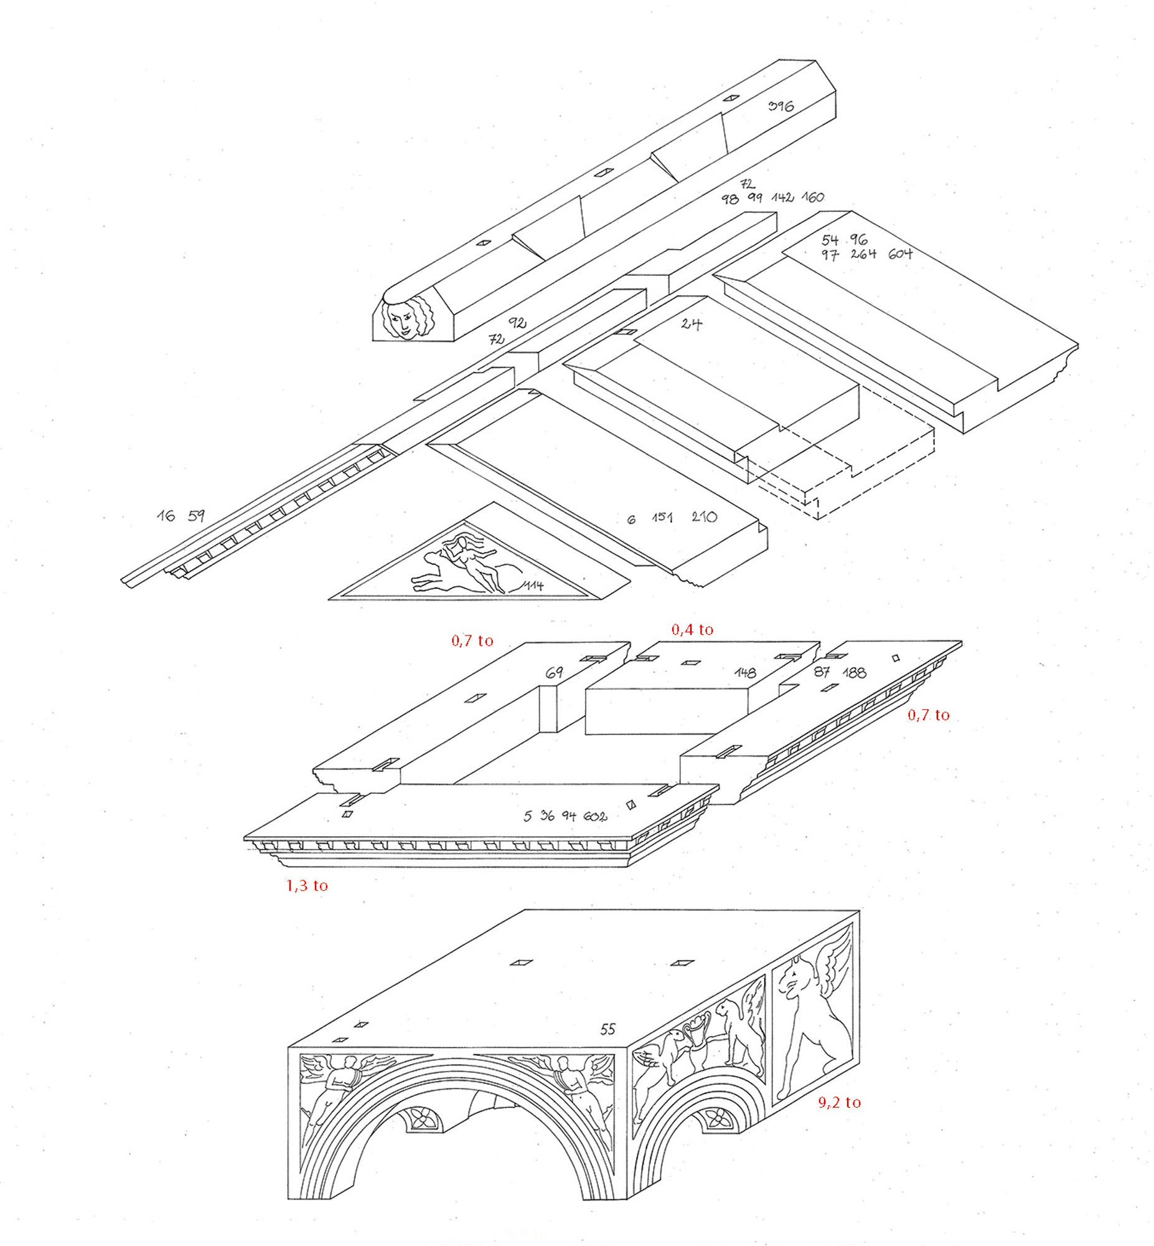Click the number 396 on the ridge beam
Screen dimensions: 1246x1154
click(x=781, y=107)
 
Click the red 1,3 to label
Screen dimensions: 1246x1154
click(x=307, y=885)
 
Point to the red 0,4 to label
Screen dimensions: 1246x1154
click(x=692, y=630)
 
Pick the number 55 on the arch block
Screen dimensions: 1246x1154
click(x=607, y=1029)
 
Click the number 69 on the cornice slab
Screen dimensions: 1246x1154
click(x=554, y=673)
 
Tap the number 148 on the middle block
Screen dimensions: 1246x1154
click(x=745, y=673)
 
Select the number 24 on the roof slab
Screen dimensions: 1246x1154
click(x=692, y=324)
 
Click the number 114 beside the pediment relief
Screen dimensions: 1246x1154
click(x=533, y=586)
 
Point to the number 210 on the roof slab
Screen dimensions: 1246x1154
click(x=704, y=516)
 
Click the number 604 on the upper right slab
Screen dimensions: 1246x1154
click(x=900, y=254)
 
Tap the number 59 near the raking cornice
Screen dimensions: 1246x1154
click(x=196, y=515)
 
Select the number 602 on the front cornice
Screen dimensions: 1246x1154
click(x=595, y=817)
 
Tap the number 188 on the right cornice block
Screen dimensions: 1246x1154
click(x=853, y=673)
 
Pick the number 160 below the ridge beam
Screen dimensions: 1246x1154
click(x=812, y=197)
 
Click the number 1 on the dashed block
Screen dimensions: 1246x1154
click(x=815, y=502)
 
